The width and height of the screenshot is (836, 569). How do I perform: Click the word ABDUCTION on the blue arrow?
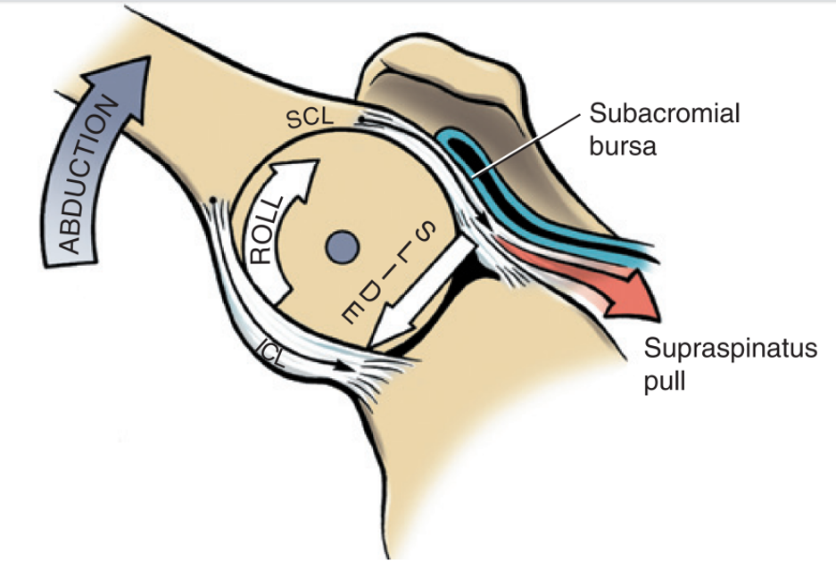(86, 177)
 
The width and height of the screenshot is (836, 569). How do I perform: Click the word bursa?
(623, 145)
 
